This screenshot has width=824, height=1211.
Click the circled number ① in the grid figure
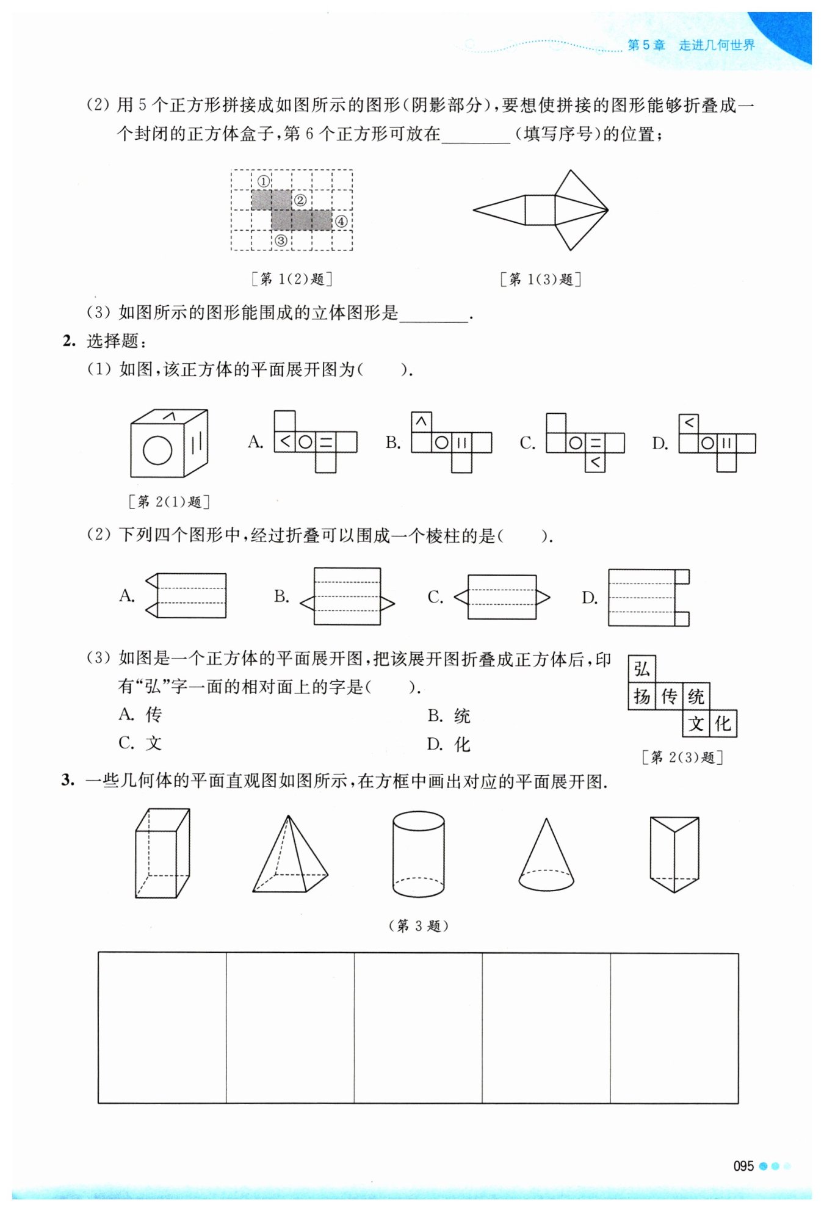263,181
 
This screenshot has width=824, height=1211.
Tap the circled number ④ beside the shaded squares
341,222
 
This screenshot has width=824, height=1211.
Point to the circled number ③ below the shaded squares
281,240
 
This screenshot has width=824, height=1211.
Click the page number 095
743,1166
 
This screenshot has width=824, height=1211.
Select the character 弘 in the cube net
641,669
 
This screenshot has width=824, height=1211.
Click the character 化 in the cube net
723,725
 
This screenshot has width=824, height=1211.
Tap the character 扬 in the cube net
641,696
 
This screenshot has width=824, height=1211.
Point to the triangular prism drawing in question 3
674,854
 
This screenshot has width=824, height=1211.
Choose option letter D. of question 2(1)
660,444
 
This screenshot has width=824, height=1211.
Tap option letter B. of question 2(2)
281,596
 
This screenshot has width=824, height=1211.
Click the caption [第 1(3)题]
540,280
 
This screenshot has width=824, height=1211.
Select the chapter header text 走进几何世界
717,45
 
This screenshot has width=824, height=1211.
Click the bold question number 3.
67,780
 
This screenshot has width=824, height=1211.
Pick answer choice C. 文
140,743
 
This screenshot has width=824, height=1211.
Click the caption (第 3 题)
418,926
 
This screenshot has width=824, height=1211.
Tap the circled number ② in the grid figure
300,201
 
